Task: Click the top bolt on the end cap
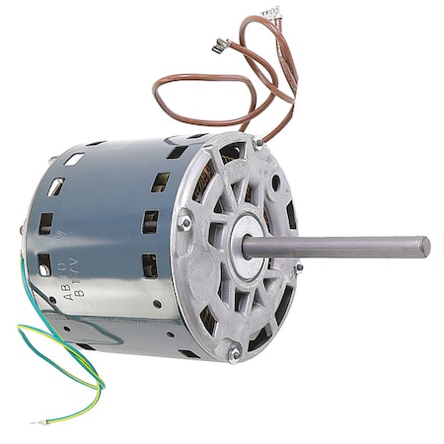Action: (258, 144)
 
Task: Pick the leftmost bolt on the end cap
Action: (185, 223)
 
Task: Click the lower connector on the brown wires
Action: (222, 44)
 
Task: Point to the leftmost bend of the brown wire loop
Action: (155, 94)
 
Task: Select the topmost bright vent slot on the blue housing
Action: (74, 159)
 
